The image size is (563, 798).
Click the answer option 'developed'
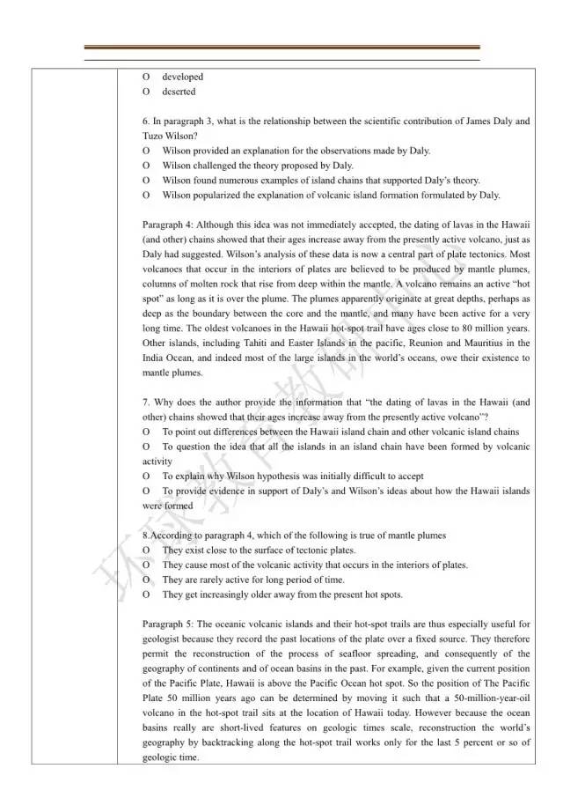click(182, 77)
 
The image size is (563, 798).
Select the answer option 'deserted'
click(179, 92)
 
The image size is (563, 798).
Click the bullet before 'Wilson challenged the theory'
click(146, 166)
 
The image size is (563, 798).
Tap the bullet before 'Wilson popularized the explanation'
click(146, 195)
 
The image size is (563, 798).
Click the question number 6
click(145, 122)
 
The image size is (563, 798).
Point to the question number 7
click(145, 402)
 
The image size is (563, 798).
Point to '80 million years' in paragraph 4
click(497, 328)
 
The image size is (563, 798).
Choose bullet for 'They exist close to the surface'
click(146, 550)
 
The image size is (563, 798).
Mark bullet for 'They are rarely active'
click(146, 580)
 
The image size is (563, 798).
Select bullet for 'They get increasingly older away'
click(146, 595)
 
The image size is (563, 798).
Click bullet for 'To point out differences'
click(146, 432)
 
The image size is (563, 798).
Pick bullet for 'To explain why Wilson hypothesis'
click(146, 476)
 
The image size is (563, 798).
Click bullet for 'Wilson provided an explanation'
click(146, 151)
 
